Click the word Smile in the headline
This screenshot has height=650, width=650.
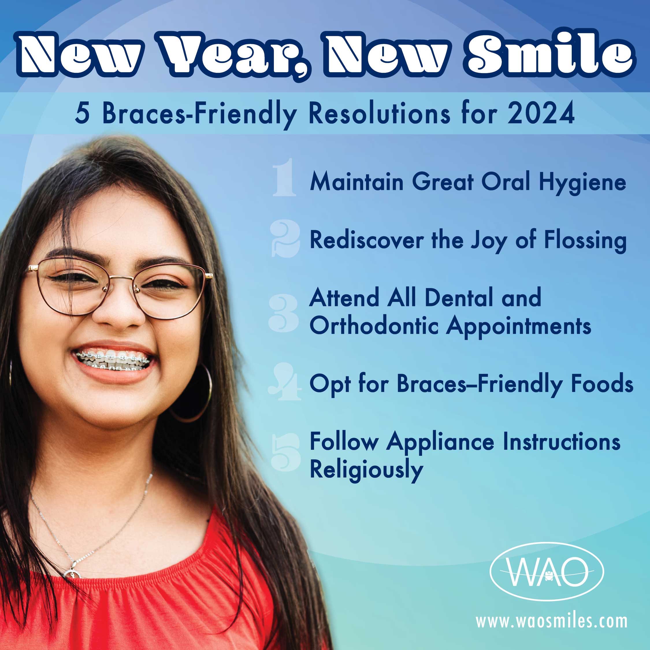point(549,53)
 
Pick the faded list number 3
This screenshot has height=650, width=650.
point(284,313)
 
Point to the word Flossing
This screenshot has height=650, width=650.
point(585,241)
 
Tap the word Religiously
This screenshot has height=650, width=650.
point(366,470)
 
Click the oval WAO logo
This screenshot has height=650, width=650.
point(547,571)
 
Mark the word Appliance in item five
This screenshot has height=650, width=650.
point(440,443)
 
